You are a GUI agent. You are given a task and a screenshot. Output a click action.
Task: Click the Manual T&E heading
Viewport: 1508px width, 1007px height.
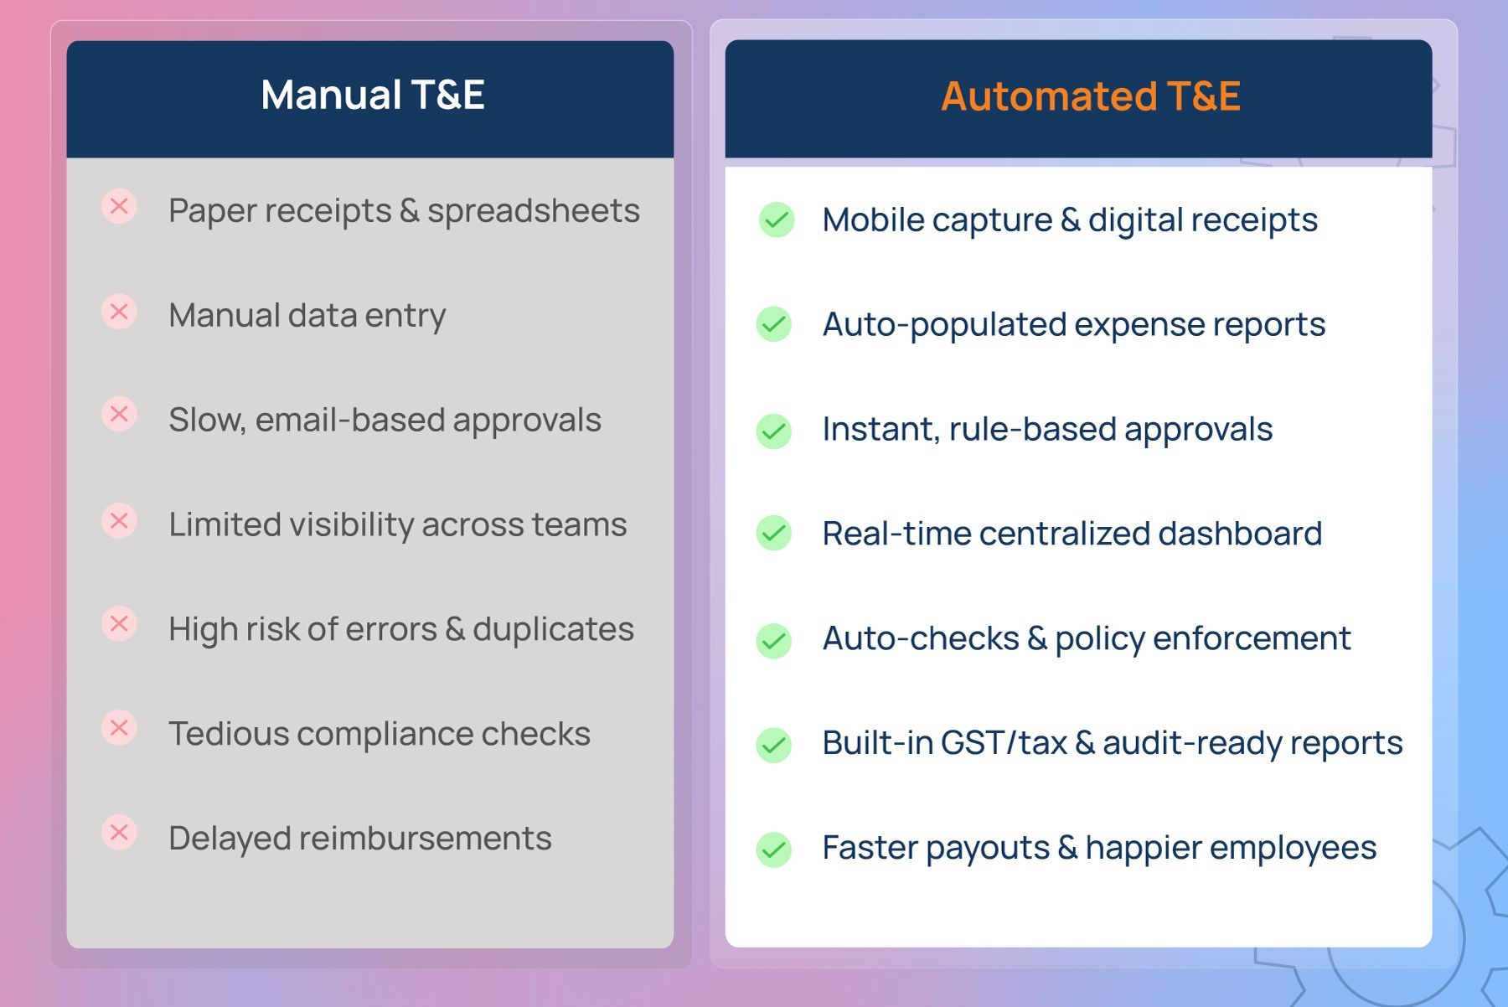coord(373,95)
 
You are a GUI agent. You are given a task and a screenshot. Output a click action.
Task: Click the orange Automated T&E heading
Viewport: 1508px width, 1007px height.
coord(1090,96)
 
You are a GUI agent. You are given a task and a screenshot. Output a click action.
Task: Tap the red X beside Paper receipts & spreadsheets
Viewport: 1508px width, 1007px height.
coord(119,206)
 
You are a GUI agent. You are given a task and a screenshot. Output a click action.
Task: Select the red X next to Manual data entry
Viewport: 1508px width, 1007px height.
coord(119,312)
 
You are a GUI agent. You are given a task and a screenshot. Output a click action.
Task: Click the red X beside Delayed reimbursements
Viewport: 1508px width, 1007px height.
coord(119,833)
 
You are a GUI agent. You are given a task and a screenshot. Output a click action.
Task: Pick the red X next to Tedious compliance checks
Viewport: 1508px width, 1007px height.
coord(119,727)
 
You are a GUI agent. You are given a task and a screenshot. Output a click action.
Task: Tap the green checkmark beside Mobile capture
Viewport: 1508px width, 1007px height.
coord(777,220)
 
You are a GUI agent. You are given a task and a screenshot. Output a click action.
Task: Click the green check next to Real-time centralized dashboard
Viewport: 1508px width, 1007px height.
coord(774,533)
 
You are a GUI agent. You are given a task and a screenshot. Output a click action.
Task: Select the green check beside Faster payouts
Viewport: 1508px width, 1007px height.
coord(774,849)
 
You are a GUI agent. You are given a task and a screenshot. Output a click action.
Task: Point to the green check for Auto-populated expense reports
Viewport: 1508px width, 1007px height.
coord(774,324)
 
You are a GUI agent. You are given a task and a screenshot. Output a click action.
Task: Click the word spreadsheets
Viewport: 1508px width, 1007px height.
coord(534,211)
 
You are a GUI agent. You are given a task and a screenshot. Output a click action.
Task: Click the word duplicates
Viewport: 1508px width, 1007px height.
coord(553,629)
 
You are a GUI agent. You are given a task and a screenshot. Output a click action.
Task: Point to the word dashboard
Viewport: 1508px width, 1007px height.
coord(1240,534)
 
